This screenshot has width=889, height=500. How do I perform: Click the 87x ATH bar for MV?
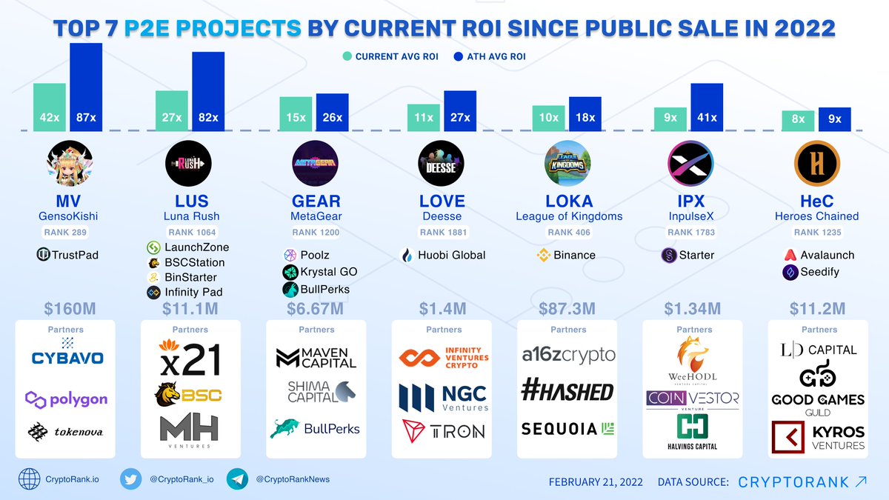86,87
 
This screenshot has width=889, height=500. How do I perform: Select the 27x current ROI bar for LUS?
171,110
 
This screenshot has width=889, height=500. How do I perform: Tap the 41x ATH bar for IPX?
706,107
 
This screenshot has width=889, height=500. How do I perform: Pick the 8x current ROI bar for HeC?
798,119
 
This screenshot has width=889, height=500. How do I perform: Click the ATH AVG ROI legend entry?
486,56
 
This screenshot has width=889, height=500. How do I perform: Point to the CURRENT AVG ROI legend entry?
390,56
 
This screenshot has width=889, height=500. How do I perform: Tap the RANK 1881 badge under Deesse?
442,232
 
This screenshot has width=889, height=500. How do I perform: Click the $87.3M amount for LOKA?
568,307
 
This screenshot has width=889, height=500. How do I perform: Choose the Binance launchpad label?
567,255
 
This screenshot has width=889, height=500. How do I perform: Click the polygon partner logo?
67,400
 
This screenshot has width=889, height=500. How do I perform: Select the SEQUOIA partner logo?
568,429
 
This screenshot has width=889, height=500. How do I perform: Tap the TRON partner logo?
442,430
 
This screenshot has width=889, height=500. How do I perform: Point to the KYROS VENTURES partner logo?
819,437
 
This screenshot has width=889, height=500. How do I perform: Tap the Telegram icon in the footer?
237,479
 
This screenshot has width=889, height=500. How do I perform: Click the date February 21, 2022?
596,481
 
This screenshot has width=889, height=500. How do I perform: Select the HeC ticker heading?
816,201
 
